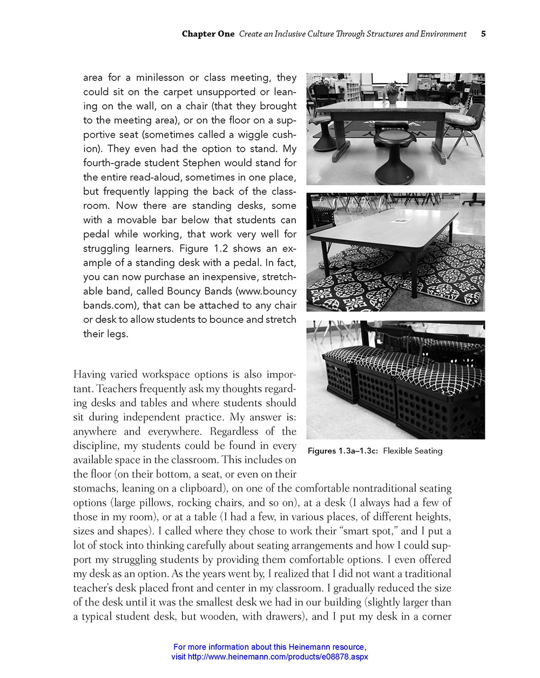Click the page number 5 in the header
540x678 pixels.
pos(483,33)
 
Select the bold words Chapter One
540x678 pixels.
pos(208,34)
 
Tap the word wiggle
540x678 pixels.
pos(247,134)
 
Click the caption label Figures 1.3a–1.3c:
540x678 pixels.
pos(342,451)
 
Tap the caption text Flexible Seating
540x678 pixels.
pos(413,451)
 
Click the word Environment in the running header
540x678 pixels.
pos(440,34)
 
